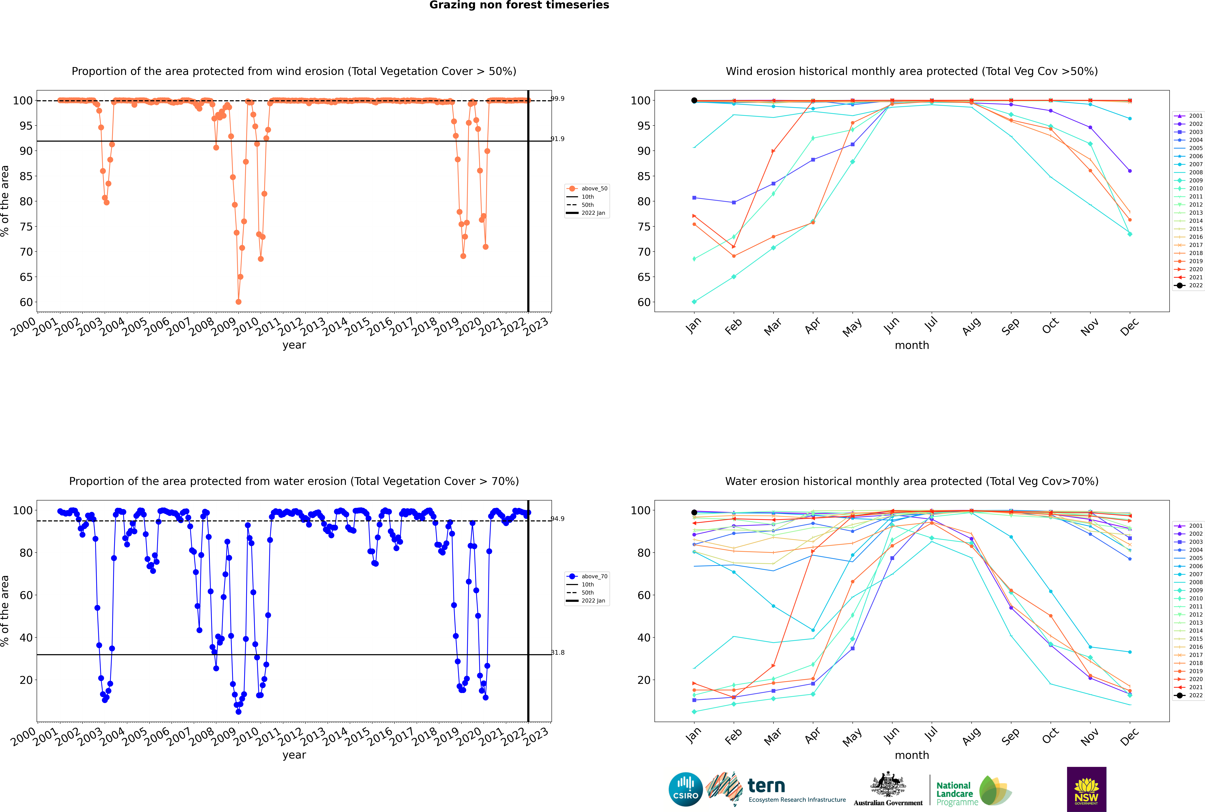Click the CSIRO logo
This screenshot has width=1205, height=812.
point(685,789)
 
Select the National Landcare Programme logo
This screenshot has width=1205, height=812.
point(973,791)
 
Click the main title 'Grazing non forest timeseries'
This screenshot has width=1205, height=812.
point(519,5)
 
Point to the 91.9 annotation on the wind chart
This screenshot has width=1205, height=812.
point(557,139)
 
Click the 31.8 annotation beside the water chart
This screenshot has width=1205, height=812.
point(557,653)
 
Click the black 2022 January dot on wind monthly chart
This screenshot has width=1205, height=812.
point(694,101)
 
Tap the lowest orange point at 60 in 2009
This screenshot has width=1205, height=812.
point(238,302)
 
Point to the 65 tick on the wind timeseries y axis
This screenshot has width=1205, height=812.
point(26,277)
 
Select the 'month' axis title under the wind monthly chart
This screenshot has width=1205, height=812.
point(912,345)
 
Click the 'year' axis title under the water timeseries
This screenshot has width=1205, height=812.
point(294,755)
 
